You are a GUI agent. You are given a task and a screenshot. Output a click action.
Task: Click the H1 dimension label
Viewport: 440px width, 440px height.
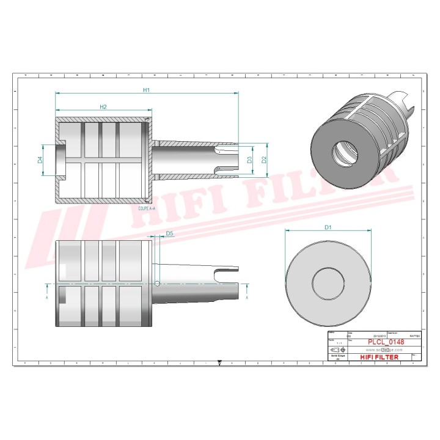(146, 90)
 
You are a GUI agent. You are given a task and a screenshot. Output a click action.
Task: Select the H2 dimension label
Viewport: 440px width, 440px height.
(103, 107)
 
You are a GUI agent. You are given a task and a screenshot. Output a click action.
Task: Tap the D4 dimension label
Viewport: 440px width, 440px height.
(40, 159)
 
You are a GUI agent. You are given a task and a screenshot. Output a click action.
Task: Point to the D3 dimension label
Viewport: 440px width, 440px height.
(249, 159)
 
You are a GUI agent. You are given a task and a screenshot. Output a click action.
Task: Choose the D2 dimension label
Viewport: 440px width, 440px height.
(264, 159)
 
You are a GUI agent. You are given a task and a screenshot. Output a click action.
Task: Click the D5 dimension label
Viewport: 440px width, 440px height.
(169, 233)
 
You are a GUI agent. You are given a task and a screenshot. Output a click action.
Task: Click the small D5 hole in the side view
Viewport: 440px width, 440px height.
(158, 283)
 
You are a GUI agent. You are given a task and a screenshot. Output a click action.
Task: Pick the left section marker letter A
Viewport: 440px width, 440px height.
(47, 299)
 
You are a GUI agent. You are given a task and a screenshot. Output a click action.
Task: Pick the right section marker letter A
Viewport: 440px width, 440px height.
(247, 299)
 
